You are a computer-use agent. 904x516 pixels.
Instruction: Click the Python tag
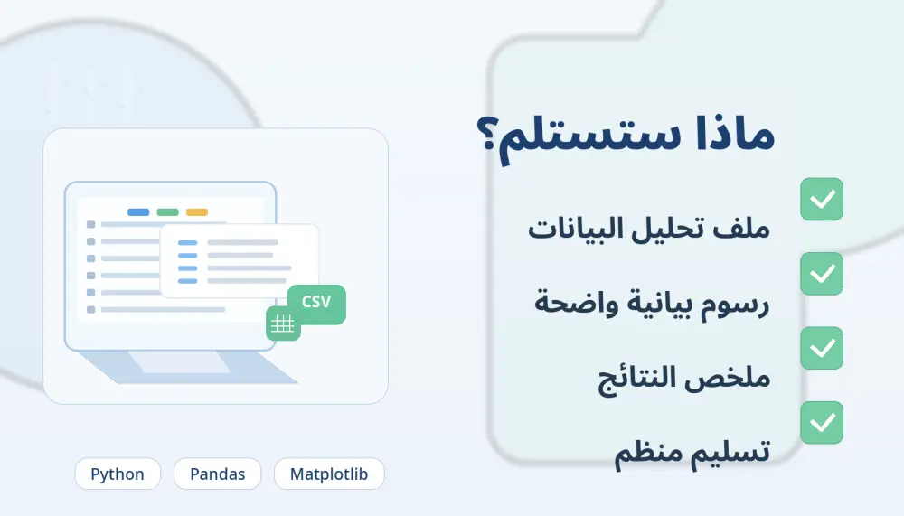point(118,474)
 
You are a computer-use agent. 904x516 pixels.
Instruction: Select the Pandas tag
point(217,474)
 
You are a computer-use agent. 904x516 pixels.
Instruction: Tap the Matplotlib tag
point(329,474)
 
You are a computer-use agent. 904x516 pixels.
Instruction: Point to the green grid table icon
point(283,324)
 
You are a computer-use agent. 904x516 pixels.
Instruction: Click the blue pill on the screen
point(138,212)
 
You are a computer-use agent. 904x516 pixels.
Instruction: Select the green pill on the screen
point(167,212)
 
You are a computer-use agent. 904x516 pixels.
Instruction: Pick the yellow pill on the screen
point(196,212)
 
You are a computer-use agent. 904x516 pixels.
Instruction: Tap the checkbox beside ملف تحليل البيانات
point(822,199)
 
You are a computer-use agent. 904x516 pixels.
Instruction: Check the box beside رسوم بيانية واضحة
point(822,273)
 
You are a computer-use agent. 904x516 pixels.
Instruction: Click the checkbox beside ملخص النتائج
point(822,348)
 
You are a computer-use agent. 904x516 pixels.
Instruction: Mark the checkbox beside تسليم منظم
point(822,422)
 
